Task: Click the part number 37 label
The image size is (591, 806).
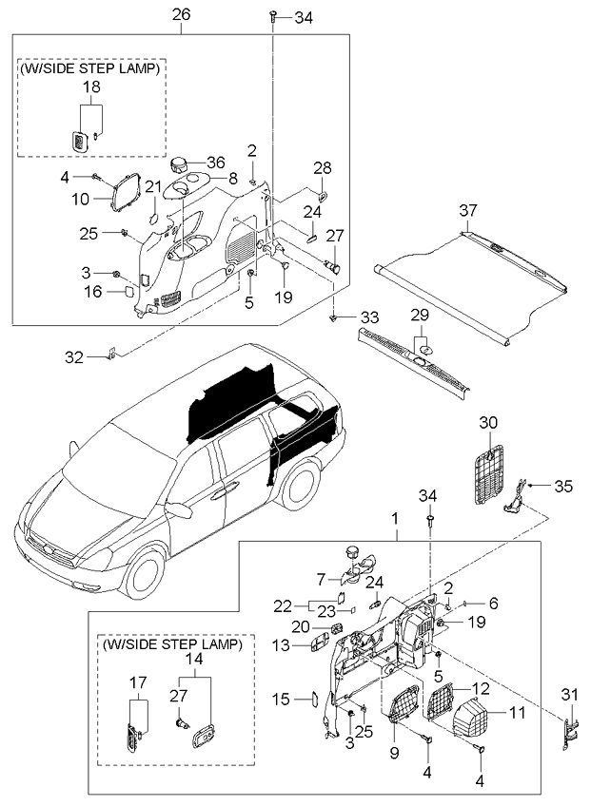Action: [x=468, y=211]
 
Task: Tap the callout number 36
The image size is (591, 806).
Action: [x=216, y=163]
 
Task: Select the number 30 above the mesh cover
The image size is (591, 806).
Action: [x=488, y=423]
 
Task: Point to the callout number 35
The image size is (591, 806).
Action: [x=563, y=486]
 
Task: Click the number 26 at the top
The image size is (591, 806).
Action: [x=181, y=14]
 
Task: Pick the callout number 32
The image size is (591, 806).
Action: [x=74, y=357]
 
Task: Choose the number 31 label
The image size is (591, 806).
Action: [x=569, y=695]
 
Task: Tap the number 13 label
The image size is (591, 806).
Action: [x=281, y=644]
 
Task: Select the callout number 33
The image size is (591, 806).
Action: [x=369, y=317]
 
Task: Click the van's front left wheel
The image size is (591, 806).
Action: [x=146, y=574]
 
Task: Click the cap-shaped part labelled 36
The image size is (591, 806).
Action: [x=178, y=165]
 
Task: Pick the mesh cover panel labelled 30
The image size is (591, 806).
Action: [x=488, y=473]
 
